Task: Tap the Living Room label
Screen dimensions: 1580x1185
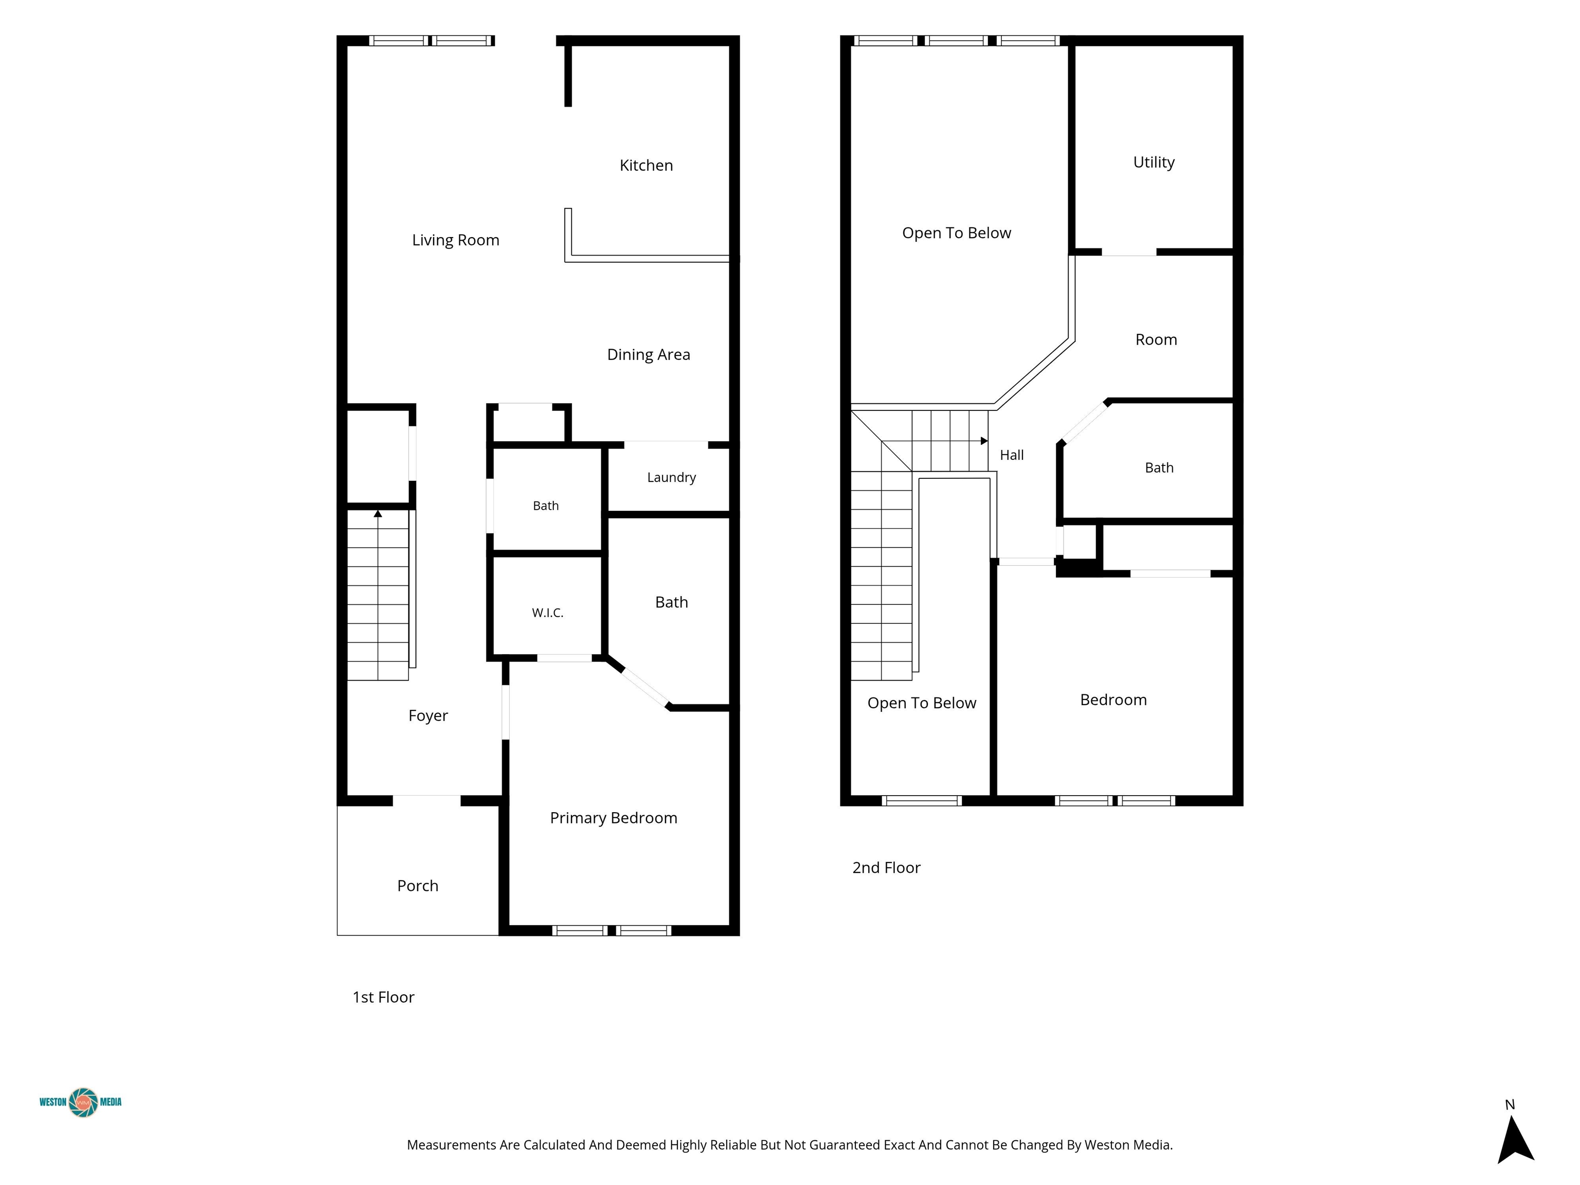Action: coord(456,240)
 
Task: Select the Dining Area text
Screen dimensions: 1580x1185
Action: coord(649,354)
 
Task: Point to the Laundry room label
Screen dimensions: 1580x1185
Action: coord(671,477)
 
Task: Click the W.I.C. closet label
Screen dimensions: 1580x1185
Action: coord(548,613)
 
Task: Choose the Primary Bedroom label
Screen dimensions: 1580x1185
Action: coord(614,818)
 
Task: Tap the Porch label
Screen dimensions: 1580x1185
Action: coord(418,886)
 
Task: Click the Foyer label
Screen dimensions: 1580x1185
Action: coord(428,716)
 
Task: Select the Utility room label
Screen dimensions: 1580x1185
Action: coord(1154,162)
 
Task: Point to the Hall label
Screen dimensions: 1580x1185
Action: coord(1012,455)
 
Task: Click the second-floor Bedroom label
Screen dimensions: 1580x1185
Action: coord(1114,700)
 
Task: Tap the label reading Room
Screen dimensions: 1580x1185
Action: coord(1156,339)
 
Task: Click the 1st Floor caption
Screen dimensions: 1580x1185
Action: coord(384,997)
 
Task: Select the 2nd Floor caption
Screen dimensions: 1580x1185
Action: coord(886,868)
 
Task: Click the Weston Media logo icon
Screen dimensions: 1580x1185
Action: coord(83,1102)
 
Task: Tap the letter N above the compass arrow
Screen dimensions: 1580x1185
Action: coord(1510,1105)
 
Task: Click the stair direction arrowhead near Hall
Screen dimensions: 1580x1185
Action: coord(984,441)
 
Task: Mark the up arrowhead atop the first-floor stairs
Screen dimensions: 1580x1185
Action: coord(378,514)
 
